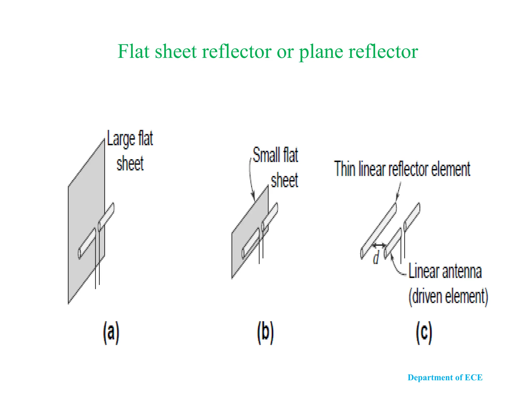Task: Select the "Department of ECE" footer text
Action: tap(445, 378)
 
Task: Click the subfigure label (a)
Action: tap(111, 333)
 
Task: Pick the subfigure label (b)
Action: tap(265, 333)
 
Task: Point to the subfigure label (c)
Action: tap(424, 333)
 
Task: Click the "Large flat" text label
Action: tap(130, 139)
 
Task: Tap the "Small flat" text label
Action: tap(275, 155)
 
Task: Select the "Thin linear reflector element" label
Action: tap(402, 169)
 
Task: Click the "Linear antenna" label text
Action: tap(445, 271)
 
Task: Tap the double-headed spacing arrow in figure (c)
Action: tap(379, 245)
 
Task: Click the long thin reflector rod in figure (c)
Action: tap(379, 230)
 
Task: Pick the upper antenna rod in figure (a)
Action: tap(106, 217)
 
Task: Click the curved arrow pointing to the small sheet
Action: tap(251, 178)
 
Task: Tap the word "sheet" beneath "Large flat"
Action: tap(130, 164)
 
